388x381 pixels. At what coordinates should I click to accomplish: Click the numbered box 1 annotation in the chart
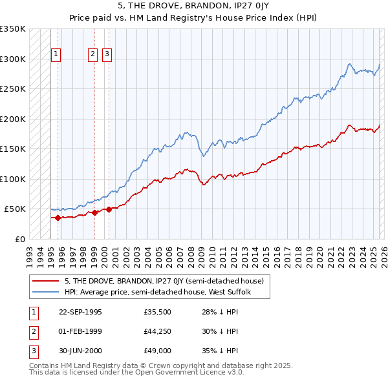pyautogui.click(x=57, y=55)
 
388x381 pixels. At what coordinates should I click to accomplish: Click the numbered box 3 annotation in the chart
pyautogui.click(x=107, y=55)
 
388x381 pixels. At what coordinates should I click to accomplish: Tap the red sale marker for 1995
pyautogui.click(x=58, y=218)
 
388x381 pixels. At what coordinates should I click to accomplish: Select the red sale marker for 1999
pyautogui.click(x=94, y=212)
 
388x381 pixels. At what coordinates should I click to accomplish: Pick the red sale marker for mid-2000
pyautogui.click(x=109, y=209)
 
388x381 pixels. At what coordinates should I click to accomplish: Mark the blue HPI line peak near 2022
pyautogui.click(x=349, y=63)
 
